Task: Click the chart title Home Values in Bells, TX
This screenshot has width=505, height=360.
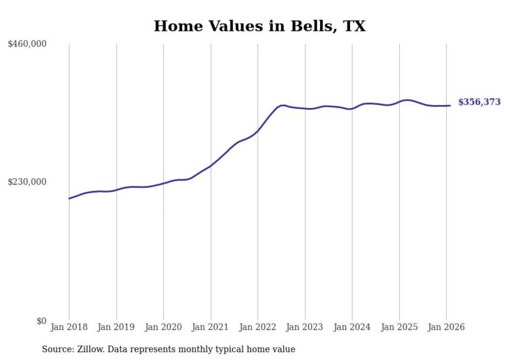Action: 259,26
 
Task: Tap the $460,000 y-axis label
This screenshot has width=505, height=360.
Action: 27,44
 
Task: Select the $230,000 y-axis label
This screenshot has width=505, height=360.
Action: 27,182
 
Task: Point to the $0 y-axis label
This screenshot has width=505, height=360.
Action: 41,321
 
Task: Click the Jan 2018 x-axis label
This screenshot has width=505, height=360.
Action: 69,327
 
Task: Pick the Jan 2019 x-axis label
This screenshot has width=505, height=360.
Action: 116,327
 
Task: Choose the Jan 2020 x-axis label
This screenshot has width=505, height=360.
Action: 163,327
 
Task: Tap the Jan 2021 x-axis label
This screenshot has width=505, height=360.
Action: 210,327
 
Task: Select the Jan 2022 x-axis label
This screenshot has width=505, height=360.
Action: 258,327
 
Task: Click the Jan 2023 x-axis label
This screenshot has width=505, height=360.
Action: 305,327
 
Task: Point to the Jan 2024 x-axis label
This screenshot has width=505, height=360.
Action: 352,327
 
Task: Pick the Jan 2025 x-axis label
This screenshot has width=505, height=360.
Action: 399,327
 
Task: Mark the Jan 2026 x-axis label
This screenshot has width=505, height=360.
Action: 446,327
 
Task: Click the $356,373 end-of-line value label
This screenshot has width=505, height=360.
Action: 479,102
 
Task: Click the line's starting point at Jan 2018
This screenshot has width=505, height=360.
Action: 69,198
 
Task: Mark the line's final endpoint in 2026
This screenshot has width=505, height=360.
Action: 450,106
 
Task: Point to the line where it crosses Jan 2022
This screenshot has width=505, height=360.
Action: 258,131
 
